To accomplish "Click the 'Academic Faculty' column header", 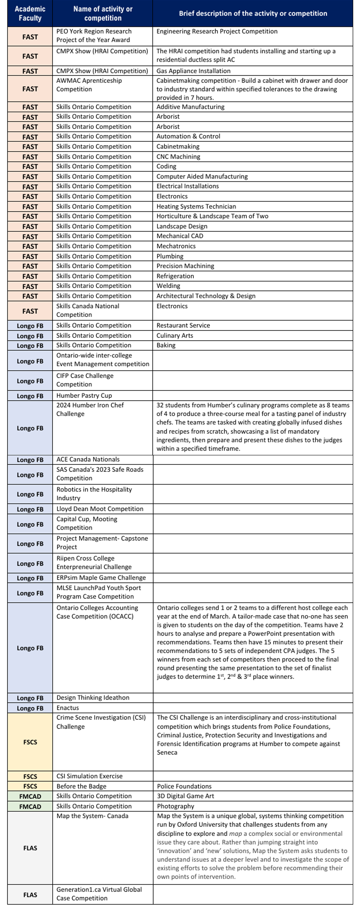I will [30, 13].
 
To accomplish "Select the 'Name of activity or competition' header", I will [103, 13].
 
